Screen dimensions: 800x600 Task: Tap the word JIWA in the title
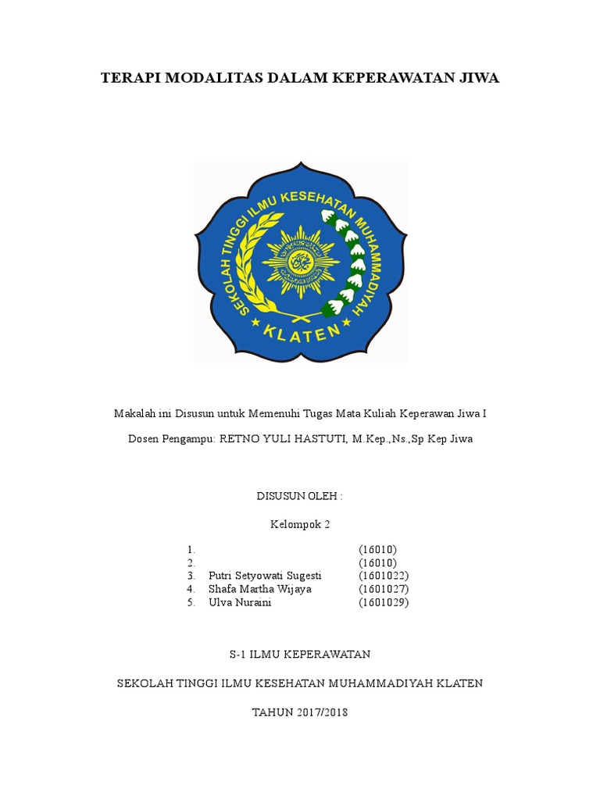pos(478,79)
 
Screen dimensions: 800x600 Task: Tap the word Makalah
pos(135,413)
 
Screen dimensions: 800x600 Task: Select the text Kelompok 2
pos(300,525)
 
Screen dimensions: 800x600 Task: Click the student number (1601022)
pos(384,576)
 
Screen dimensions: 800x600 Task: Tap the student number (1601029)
pos(384,603)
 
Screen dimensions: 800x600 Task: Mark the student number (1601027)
pos(384,589)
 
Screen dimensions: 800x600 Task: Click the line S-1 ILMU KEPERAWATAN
pos(300,653)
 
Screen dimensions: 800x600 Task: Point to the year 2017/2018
pos(322,712)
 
